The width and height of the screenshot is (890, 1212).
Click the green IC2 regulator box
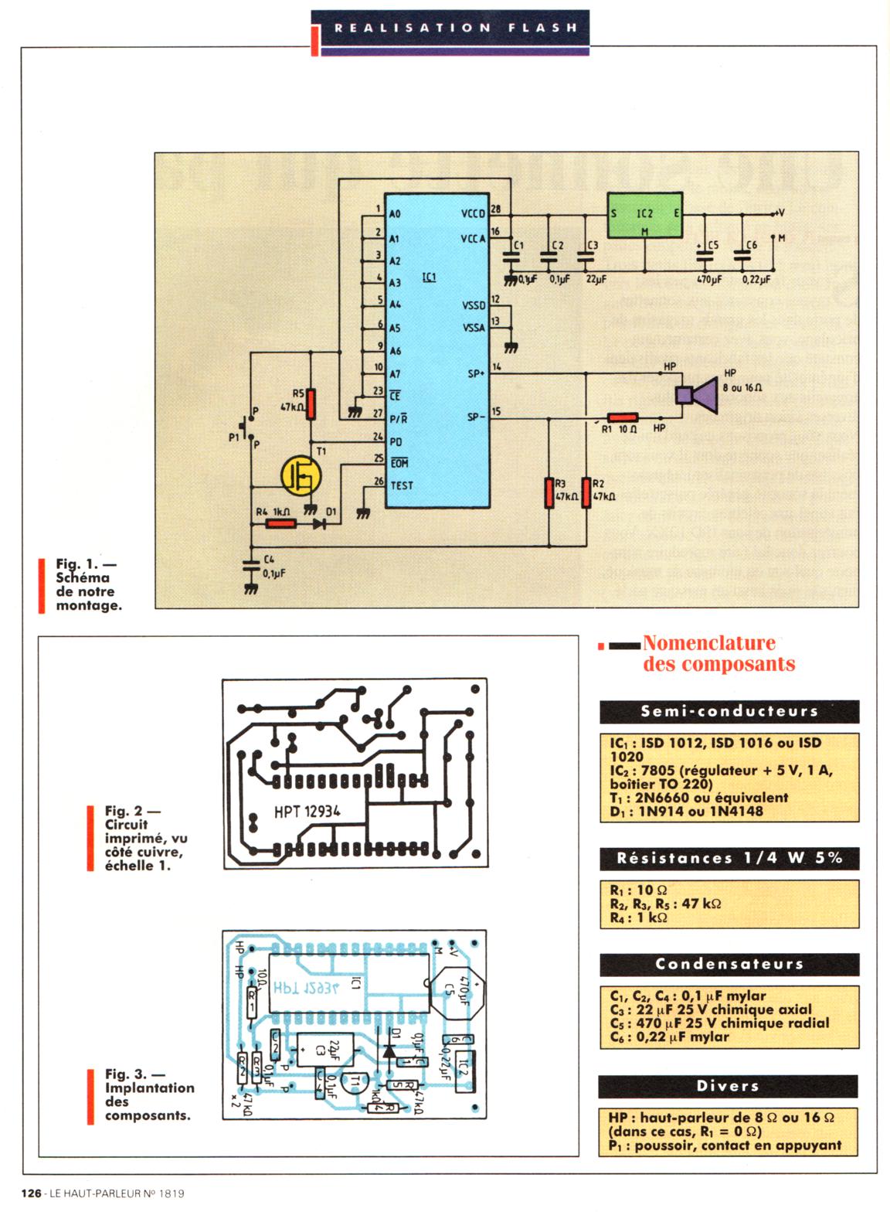pos(644,215)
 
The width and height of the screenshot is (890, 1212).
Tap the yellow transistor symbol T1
pos(300,475)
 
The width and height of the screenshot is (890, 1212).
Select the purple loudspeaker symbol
pos(696,395)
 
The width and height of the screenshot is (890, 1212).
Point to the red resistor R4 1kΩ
pos(280,523)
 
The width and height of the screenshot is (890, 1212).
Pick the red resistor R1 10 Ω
pos(623,417)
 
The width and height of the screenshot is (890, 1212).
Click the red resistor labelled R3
pos(549,494)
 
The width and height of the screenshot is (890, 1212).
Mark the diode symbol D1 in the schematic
pos(319,523)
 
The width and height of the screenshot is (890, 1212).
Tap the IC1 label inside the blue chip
pos(430,276)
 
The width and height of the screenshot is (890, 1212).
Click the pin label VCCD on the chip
pos(473,213)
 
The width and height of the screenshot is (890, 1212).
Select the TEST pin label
pos(402,485)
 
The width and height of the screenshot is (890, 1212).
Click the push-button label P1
pos(234,437)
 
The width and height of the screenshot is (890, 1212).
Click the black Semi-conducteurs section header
pos(729,711)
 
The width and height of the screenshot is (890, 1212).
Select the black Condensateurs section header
pos(729,964)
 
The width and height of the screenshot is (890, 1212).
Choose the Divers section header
pos(728,1086)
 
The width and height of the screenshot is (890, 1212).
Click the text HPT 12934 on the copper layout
pos(307,812)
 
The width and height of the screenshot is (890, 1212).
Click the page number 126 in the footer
pos(32,1193)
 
